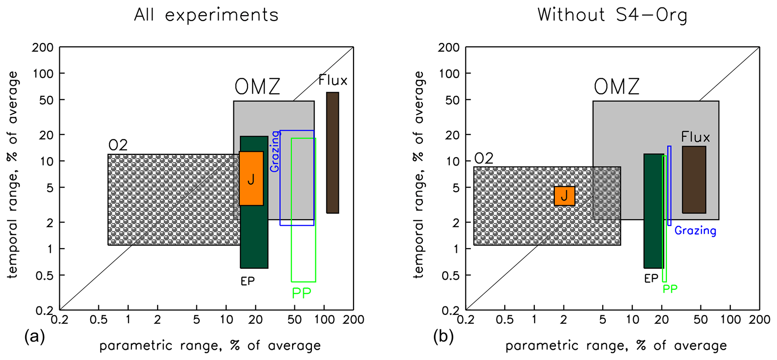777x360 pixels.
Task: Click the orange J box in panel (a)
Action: point(251,178)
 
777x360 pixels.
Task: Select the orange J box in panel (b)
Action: point(564,196)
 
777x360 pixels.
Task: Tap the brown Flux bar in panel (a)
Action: point(332,153)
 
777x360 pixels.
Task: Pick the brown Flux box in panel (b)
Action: point(694,180)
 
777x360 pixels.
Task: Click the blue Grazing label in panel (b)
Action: point(695,231)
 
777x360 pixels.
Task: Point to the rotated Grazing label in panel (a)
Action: point(275,151)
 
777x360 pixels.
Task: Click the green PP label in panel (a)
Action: point(301,293)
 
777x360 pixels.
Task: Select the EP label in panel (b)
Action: point(651,278)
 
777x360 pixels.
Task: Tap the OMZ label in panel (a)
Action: point(257,87)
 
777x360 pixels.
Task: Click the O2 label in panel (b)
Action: point(483,158)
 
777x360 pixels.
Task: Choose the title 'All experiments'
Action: point(206,15)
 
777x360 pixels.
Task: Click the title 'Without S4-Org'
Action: point(612,15)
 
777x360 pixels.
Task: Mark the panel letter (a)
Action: point(35,336)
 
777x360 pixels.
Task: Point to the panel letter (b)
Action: point(443,336)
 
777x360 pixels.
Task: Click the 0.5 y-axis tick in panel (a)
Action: point(45,275)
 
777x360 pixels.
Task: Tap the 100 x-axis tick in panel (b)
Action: point(730,320)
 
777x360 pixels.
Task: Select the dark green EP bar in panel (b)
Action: point(653,211)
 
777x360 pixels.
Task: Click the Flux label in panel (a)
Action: point(333,80)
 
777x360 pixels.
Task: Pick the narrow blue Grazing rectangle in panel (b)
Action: point(669,186)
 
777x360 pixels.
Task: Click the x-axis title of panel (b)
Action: point(616,345)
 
